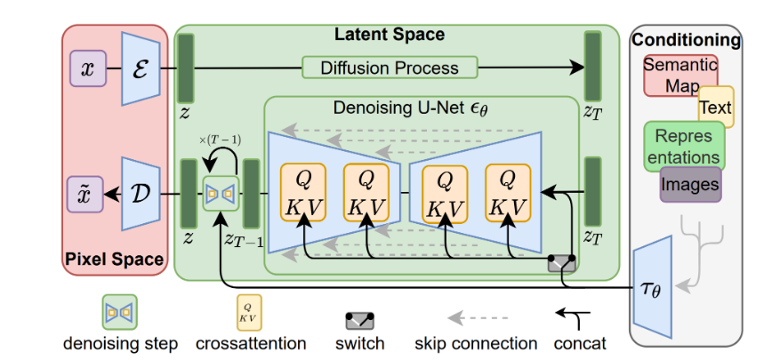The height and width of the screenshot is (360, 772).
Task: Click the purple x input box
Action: coord(88,68)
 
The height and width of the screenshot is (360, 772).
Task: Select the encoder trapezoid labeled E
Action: coord(141,68)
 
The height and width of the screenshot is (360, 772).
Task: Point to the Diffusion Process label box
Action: coord(390,68)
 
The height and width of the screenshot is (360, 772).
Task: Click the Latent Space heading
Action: coord(389,35)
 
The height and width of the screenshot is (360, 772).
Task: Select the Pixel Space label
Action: coord(114,260)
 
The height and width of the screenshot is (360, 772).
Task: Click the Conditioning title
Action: coord(686,40)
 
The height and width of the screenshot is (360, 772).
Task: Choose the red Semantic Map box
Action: coord(680,75)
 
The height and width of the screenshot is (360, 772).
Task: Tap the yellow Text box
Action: coord(715,108)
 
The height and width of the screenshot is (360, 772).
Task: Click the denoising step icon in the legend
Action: coord(119,312)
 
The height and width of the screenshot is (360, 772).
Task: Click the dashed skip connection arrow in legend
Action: coord(477,317)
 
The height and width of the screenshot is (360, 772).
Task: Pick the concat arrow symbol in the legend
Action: coord(575,315)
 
